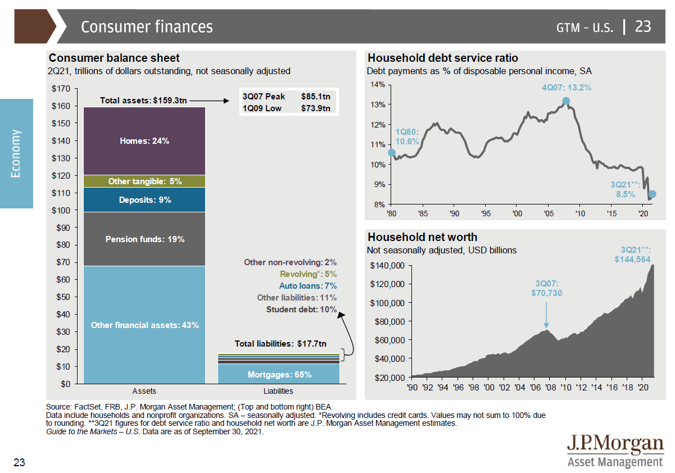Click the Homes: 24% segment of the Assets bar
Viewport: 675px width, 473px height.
144,141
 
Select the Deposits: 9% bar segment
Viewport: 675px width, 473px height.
144,200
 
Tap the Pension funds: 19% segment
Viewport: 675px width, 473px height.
144,239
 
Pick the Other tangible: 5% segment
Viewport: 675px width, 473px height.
144,181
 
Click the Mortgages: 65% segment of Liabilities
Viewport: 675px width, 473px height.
279,374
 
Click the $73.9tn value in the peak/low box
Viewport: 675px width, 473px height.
315,108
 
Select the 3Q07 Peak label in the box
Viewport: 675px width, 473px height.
264,97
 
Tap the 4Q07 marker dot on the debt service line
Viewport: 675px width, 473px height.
566,101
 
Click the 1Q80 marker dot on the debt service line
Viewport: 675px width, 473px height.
392,152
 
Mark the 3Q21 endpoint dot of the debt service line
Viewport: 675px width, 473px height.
652,194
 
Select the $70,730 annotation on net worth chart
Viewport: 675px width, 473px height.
546,293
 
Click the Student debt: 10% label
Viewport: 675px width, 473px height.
301,310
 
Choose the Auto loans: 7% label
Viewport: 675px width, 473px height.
307,286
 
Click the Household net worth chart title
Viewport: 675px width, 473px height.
422,238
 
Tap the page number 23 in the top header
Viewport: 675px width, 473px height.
643,26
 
